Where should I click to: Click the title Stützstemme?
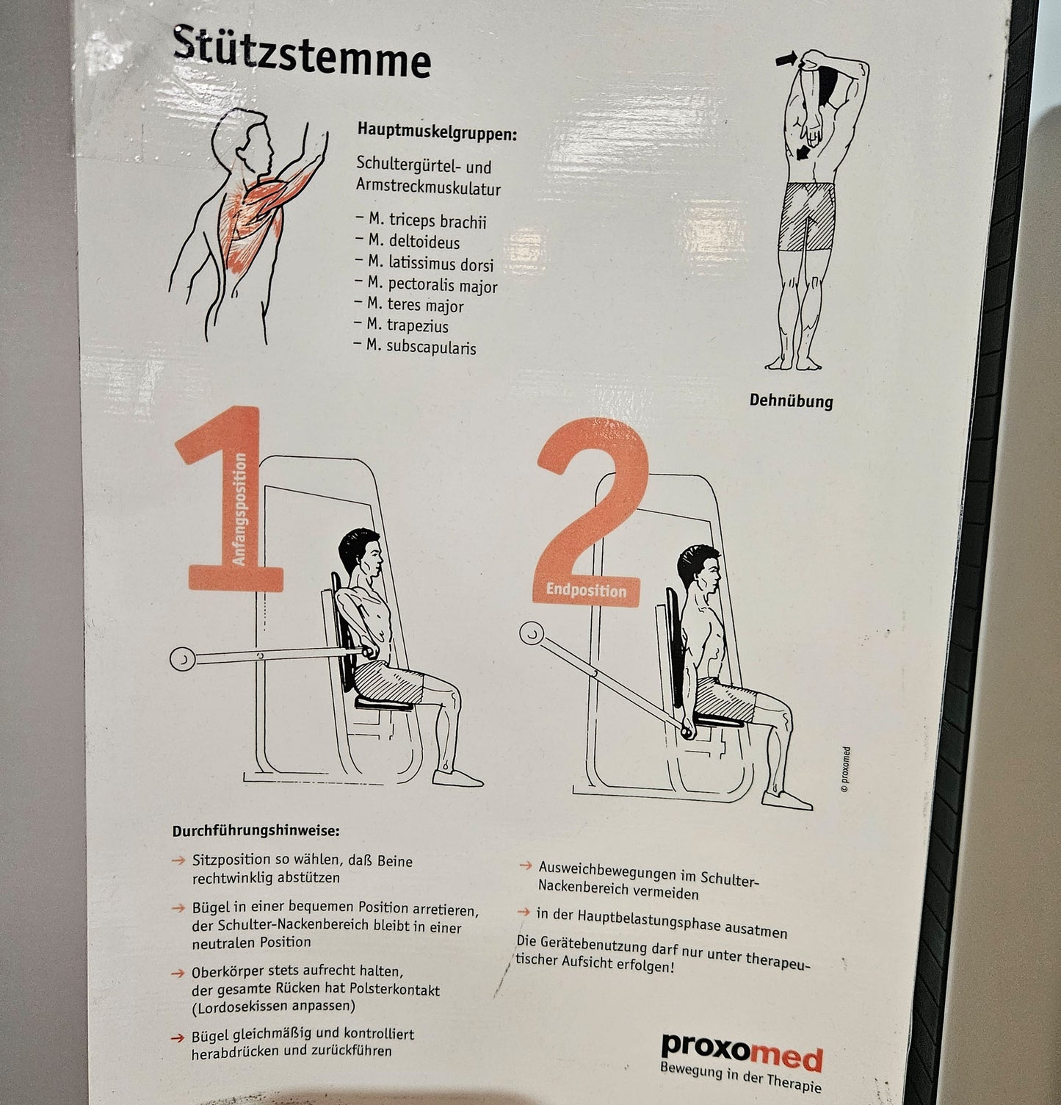301,52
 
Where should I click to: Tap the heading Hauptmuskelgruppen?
438,133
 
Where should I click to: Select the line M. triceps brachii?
421,220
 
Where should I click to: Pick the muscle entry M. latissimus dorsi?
424,263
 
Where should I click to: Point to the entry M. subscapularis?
415,346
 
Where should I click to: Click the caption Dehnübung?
792,400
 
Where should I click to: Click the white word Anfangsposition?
240,508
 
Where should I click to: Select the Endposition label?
586,590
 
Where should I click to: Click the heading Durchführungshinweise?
256,831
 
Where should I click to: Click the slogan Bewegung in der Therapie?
740,1077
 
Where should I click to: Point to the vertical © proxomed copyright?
846,769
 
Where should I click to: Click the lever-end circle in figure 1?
182,659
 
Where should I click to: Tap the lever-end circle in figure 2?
532,633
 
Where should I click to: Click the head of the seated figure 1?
361,552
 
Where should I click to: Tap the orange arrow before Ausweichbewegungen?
525,865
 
